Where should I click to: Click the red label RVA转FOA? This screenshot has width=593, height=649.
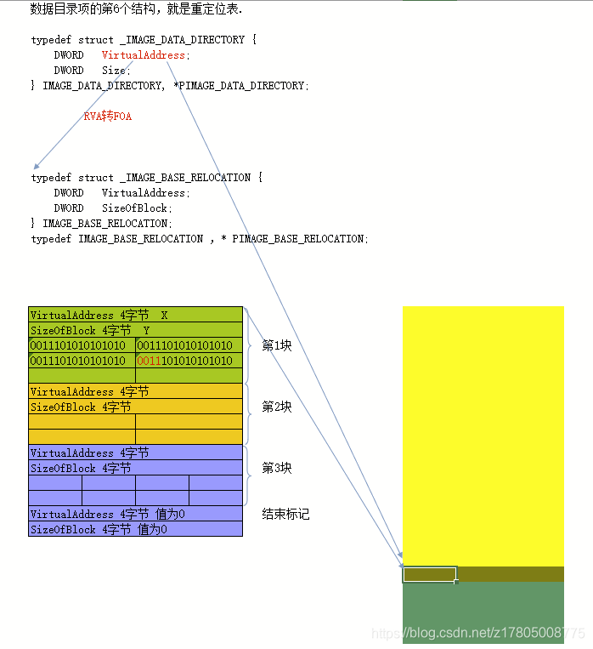pyautogui.click(x=107, y=117)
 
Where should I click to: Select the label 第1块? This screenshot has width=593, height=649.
pyautogui.click(x=276, y=345)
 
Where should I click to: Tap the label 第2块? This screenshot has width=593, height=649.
pyautogui.click(x=276, y=407)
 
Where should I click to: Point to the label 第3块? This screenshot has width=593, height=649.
pyautogui.click(x=276, y=468)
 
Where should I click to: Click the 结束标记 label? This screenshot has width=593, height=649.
pyautogui.click(x=285, y=514)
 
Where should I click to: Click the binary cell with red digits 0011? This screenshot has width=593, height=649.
pyautogui.click(x=189, y=361)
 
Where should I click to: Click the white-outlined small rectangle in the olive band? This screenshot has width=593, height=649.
pyautogui.click(x=430, y=574)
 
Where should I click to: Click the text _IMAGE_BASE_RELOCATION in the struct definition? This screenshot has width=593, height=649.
pyautogui.click(x=185, y=178)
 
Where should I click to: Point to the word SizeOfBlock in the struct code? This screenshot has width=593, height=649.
pyautogui.click(x=137, y=208)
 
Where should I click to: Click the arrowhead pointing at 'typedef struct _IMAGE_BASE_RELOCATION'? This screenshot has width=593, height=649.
pyautogui.click(x=36, y=166)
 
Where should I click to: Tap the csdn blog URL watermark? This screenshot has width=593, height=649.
pyautogui.click(x=478, y=634)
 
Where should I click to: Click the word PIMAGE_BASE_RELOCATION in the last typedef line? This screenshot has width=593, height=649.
pyautogui.click(x=298, y=239)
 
